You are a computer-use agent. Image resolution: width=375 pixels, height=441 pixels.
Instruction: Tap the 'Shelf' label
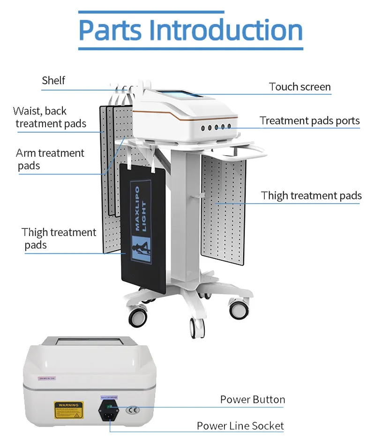[53, 80]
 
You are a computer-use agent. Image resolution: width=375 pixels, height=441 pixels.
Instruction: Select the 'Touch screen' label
[300, 87]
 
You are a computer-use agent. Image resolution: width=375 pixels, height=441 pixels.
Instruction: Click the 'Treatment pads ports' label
[310, 121]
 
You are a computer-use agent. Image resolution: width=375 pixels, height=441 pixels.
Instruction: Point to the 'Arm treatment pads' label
[50, 159]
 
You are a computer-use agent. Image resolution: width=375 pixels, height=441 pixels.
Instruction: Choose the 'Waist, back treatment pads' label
[50, 117]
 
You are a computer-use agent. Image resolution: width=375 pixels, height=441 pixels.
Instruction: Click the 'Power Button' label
[253, 400]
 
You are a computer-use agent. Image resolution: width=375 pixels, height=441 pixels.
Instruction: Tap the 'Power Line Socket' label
[240, 426]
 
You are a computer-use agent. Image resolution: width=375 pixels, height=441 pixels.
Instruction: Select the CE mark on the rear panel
[134, 409]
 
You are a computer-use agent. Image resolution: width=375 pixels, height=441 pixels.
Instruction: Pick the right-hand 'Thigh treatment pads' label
[311, 195]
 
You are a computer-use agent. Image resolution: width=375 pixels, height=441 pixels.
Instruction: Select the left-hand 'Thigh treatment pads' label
[58, 238]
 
